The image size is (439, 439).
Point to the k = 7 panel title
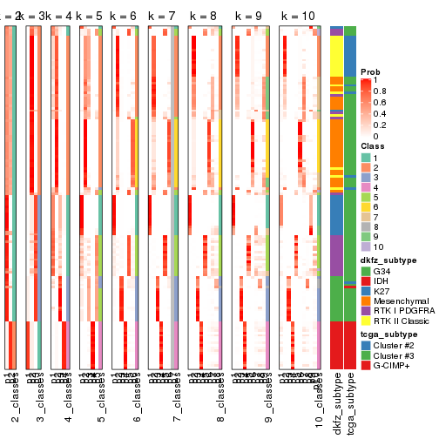point(163,17)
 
